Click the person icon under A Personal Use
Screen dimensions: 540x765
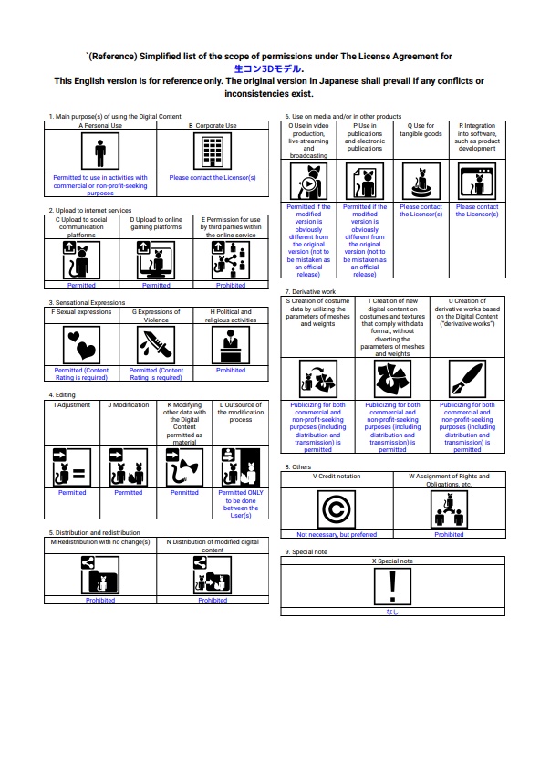coord(100,152)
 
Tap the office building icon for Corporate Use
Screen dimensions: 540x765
coord(213,152)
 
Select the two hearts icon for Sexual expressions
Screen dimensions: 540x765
coord(81,344)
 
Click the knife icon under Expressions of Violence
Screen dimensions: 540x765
coord(156,344)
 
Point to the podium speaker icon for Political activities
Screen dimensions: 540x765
coord(231,344)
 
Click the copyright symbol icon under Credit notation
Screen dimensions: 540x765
coord(337,509)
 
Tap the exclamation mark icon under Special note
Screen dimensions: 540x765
coord(392,586)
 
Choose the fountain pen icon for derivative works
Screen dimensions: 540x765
coord(467,379)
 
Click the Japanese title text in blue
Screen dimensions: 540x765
coord(268,68)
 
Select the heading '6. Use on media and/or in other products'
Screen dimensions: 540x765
coord(343,116)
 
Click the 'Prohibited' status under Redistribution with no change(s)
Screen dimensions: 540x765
coord(100,600)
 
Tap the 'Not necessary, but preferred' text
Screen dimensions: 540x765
coord(337,534)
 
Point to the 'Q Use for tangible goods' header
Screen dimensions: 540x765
coord(421,130)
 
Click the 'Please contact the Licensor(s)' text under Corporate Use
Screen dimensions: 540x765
coord(213,178)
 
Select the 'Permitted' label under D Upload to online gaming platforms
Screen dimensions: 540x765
coord(156,285)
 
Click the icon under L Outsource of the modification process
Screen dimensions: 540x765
coord(241,466)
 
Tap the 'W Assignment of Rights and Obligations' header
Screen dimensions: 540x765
coord(449,480)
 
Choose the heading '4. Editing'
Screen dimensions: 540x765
coord(62,394)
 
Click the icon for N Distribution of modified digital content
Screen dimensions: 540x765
coord(213,575)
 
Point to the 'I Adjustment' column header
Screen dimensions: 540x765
coord(72,405)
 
